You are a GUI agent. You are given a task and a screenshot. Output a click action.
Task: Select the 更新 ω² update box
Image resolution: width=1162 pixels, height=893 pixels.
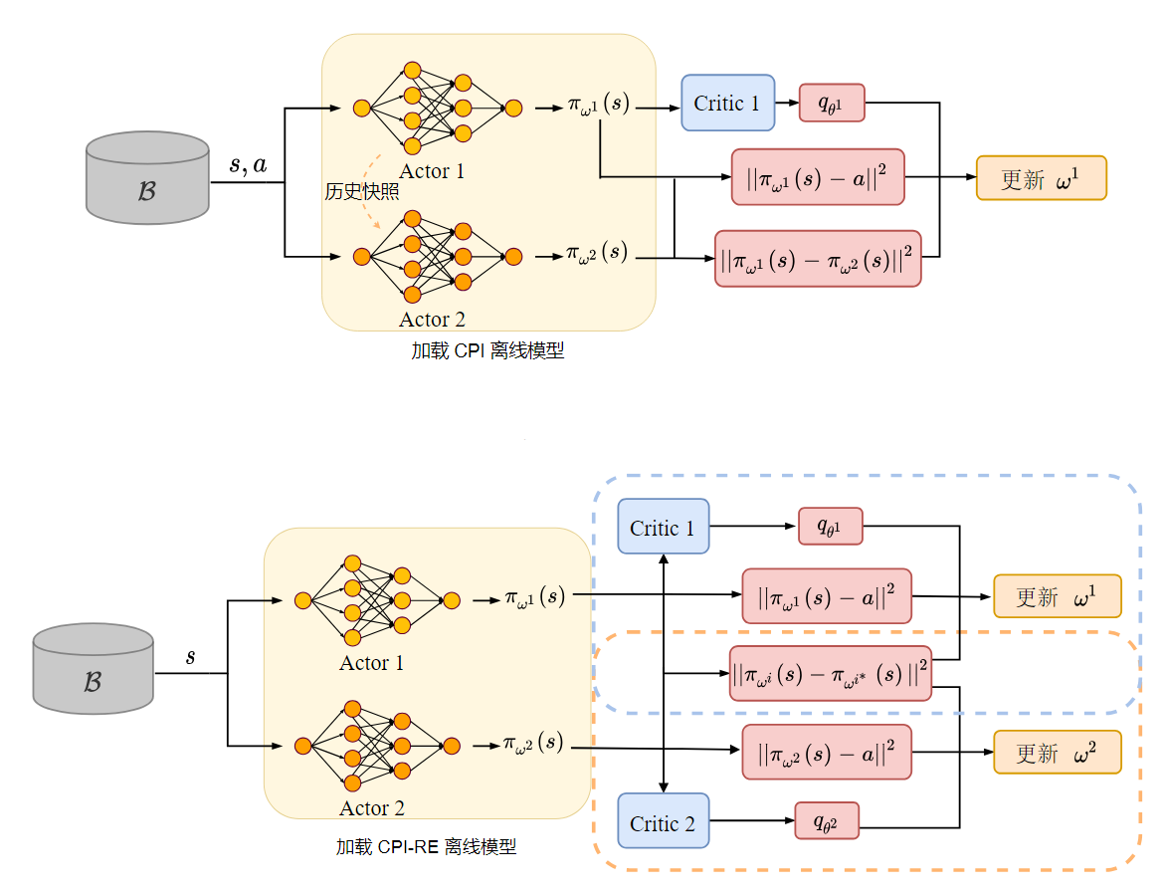(x=1057, y=753)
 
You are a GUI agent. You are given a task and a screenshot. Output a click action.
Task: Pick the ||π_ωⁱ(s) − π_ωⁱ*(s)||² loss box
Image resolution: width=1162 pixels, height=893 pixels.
(x=830, y=673)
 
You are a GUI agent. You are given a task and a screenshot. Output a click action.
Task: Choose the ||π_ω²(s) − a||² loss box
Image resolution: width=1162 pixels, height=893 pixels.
(x=827, y=753)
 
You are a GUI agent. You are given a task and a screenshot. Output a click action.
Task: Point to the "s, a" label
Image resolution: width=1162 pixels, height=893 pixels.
(x=248, y=165)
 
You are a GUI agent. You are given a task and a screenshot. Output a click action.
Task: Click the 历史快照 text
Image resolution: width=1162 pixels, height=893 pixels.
(x=361, y=192)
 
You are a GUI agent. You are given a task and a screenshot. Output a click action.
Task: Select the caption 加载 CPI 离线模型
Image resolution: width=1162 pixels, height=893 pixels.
(x=487, y=350)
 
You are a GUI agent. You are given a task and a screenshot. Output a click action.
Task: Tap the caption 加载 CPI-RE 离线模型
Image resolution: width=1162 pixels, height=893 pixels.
(x=426, y=847)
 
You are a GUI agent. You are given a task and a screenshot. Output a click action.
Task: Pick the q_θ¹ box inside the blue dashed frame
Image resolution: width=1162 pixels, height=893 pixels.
(x=830, y=526)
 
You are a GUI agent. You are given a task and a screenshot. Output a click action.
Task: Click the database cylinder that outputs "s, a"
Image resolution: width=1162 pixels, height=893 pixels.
(x=147, y=176)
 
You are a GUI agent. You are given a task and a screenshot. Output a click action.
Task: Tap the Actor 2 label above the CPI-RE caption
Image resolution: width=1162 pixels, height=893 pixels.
(x=371, y=808)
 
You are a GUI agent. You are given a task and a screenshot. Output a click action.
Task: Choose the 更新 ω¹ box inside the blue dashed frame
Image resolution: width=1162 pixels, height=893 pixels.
(x=1057, y=596)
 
